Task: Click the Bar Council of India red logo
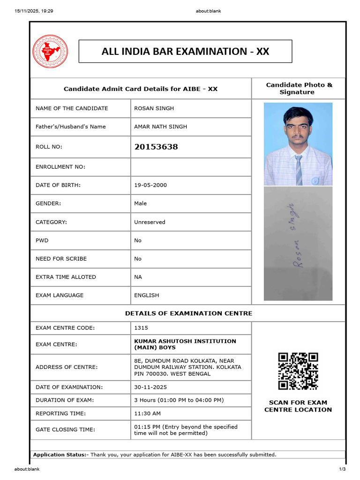tap(50, 51)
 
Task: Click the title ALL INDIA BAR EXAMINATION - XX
tap(185, 52)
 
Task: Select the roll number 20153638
tap(156, 147)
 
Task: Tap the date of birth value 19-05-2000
tap(150, 185)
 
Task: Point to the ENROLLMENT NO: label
tap(60, 167)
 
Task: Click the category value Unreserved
tap(150, 222)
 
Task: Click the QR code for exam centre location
tap(298, 371)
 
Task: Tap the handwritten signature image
tap(298, 243)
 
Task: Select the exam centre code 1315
tap(141, 328)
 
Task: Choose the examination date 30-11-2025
tap(150, 388)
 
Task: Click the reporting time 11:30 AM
tap(148, 413)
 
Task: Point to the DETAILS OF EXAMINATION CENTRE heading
tap(188, 313)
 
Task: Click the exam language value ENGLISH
tap(147, 295)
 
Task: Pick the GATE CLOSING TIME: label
tap(65, 430)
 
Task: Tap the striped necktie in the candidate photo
tap(299, 170)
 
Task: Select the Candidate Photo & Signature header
tap(299, 88)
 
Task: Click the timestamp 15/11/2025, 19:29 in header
tap(34, 11)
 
